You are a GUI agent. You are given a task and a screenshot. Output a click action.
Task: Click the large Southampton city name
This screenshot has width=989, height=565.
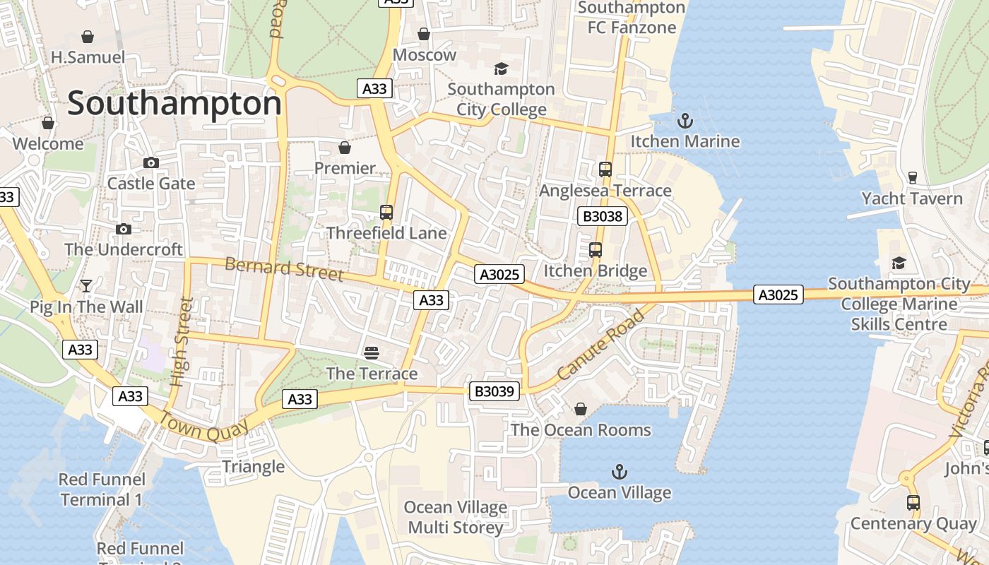(x=174, y=104)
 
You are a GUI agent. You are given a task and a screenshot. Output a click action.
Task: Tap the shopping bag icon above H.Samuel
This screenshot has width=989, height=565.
(x=88, y=36)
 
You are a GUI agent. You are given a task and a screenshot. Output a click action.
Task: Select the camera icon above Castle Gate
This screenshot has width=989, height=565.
(x=150, y=163)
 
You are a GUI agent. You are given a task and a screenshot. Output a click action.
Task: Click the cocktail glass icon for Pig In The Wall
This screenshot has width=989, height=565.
(x=86, y=286)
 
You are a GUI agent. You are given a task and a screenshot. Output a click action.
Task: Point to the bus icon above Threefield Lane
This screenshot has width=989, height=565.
(x=386, y=213)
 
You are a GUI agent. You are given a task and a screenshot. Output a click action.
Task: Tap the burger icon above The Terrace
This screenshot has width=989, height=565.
(x=372, y=352)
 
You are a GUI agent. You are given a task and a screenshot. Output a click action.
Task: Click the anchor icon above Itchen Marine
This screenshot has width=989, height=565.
(x=685, y=121)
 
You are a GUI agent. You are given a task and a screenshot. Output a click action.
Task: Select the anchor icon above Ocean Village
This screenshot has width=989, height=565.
(x=619, y=471)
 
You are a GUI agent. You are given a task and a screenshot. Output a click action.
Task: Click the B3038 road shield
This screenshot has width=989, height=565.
(x=602, y=216)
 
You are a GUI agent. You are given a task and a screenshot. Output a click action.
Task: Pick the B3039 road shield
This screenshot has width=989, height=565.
(x=495, y=391)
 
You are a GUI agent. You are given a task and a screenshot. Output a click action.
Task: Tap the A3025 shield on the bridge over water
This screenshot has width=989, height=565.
(x=778, y=295)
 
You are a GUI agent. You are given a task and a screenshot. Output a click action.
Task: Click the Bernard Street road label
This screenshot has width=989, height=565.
(x=284, y=269)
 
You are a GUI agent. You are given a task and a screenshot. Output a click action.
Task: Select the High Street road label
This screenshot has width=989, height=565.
(x=182, y=342)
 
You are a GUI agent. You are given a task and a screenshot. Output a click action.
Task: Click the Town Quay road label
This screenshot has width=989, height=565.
(x=203, y=426)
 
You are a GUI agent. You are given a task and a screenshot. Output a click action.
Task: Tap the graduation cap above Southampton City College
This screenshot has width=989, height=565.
(x=501, y=69)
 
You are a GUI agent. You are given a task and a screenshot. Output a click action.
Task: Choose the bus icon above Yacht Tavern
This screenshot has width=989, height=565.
(x=912, y=177)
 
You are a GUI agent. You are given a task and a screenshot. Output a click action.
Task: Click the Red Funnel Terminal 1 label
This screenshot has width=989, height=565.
(x=101, y=489)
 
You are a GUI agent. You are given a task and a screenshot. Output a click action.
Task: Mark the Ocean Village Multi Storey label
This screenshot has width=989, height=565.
(x=456, y=517)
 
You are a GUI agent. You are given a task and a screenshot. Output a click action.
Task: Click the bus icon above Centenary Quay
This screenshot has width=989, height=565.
(x=913, y=503)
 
